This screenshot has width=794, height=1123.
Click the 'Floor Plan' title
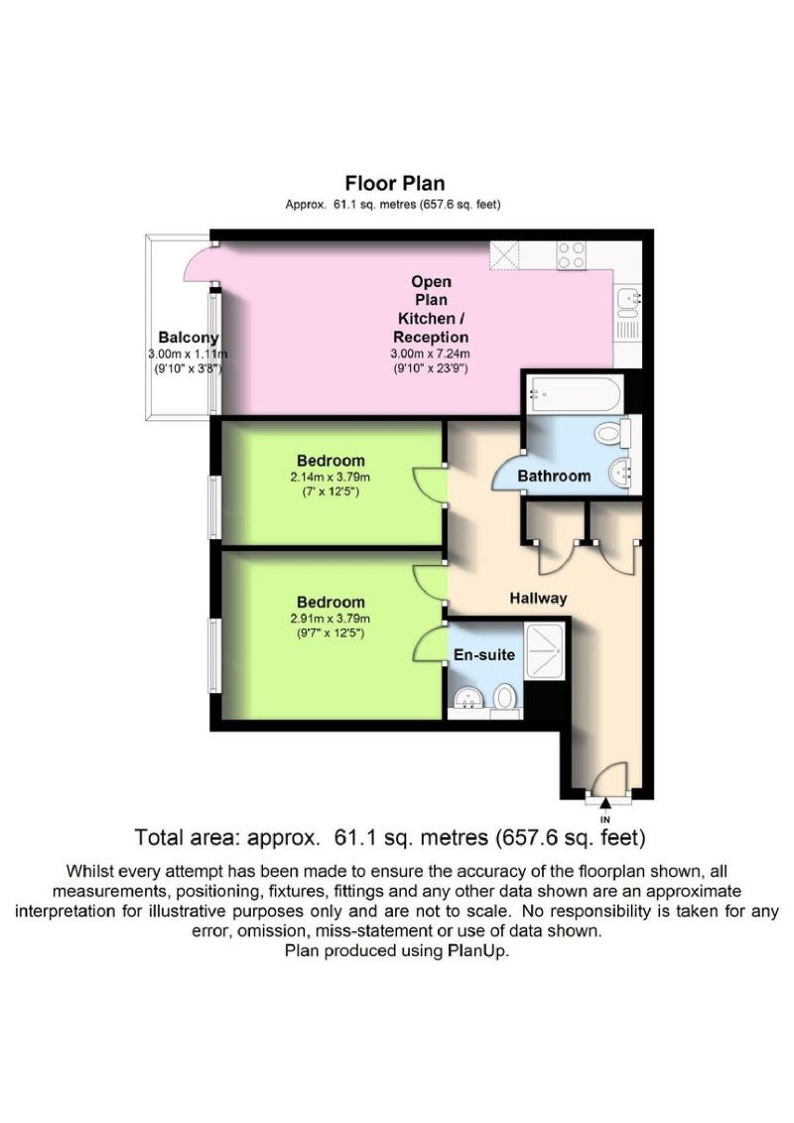(x=394, y=183)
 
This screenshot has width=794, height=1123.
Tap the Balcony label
(x=188, y=338)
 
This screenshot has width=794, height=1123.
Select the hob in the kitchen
(x=572, y=255)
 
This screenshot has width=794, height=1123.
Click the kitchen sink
(x=627, y=298)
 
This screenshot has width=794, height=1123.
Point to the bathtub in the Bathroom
(x=575, y=395)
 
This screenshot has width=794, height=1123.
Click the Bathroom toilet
(x=616, y=434)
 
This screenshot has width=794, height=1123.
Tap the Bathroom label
(x=554, y=476)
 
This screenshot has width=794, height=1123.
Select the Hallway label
(x=538, y=598)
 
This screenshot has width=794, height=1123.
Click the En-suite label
(x=484, y=655)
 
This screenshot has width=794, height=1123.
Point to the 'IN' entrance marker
(x=605, y=819)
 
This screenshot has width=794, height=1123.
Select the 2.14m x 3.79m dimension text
(x=331, y=476)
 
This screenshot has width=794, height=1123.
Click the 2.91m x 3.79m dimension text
(x=331, y=618)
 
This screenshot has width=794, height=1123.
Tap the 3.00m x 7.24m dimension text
(x=431, y=353)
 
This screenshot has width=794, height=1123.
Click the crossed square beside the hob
(x=504, y=255)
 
